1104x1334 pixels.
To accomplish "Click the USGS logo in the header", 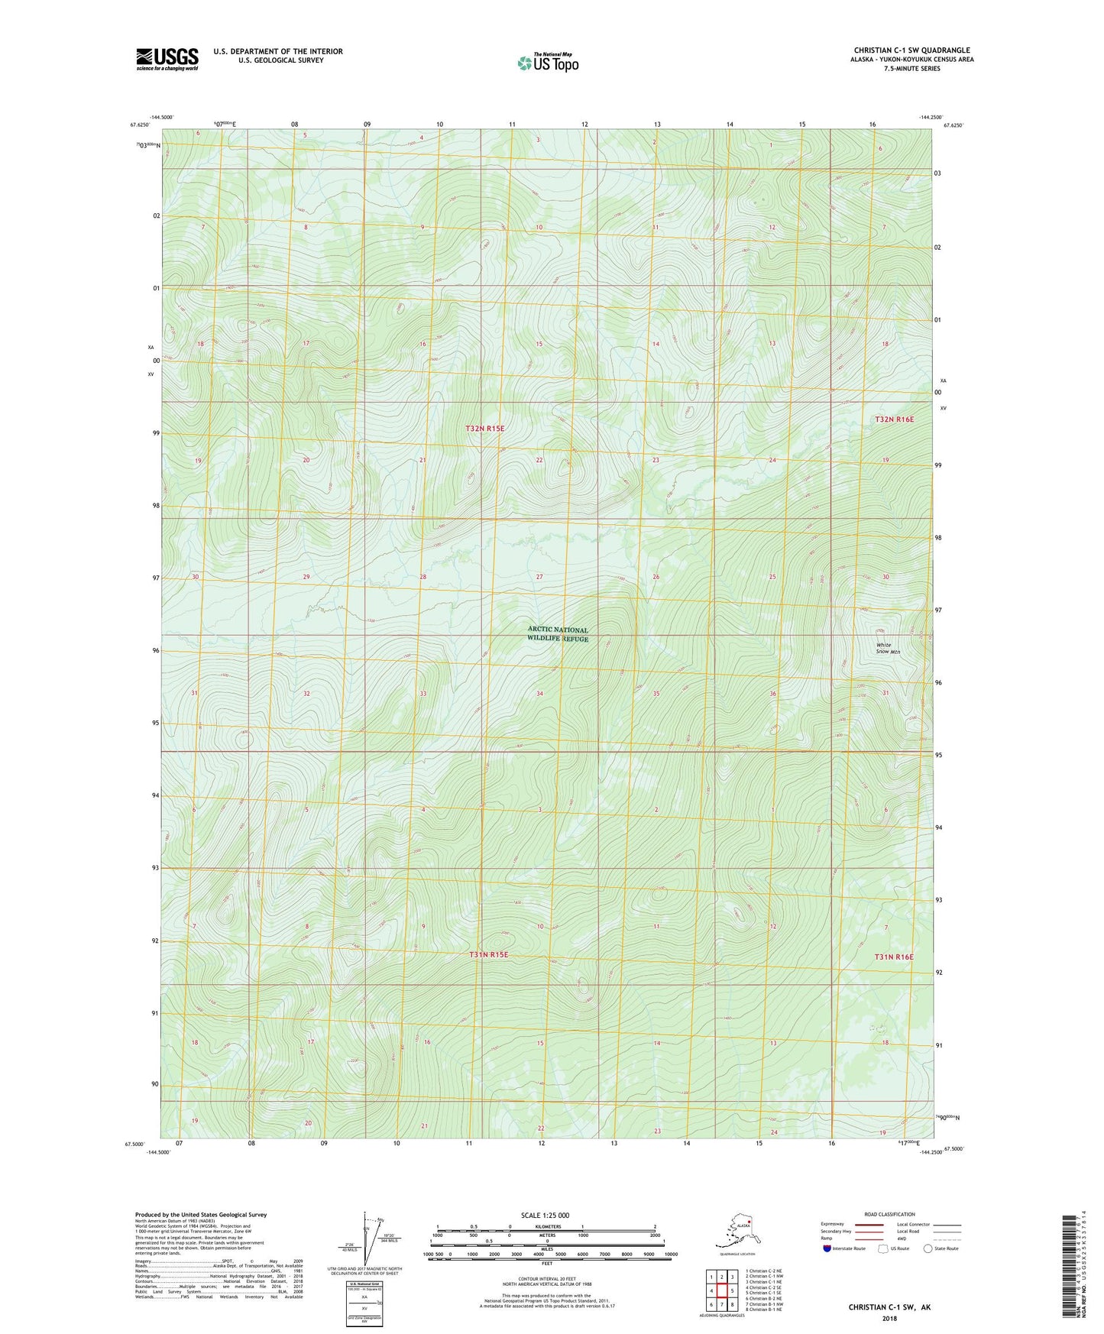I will point(167,59).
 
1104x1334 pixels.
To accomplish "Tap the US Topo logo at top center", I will point(548,62).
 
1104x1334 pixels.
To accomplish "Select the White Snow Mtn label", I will point(888,648).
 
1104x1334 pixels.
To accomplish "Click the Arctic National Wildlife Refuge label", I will point(558,634).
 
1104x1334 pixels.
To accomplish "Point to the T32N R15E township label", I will point(485,429).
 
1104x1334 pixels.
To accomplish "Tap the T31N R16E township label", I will point(894,957).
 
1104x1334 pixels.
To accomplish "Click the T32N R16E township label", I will point(894,419).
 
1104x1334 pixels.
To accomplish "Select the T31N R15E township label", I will point(488,954).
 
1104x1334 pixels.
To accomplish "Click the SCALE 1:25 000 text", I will point(545,1215).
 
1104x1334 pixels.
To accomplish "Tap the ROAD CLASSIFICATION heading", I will point(889,1214).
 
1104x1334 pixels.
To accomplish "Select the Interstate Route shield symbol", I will point(827,1248).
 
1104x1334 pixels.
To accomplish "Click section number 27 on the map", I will point(539,577).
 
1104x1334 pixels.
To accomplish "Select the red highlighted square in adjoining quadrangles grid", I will point(721,1290).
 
